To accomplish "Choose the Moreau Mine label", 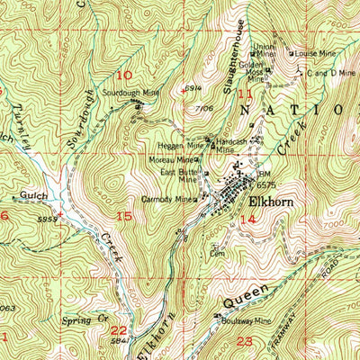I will pos(169,160).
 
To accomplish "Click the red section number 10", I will pos(123,76).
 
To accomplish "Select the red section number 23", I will pos(245,341).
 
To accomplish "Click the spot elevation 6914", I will pos(191,87).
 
